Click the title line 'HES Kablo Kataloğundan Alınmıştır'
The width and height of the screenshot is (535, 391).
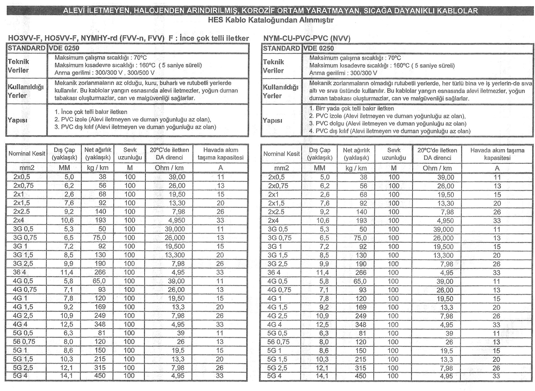tap(270, 20)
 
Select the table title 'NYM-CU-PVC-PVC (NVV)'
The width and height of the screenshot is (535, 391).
tap(307, 38)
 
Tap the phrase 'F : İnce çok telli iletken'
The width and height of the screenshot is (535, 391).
tap(209, 38)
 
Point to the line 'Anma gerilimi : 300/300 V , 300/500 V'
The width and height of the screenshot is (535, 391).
tap(104, 73)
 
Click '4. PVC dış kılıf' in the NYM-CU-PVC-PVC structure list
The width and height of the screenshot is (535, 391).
tap(389, 131)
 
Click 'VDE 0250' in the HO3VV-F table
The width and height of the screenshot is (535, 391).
tap(64, 48)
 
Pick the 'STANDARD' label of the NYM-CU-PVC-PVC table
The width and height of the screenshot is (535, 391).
tap(281, 48)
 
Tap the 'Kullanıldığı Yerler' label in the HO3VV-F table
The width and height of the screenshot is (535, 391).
tap(25, 91)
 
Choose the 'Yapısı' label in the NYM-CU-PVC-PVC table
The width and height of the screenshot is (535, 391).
tap(272, 120)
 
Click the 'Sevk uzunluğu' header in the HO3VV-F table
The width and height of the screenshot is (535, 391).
tap(130, 154)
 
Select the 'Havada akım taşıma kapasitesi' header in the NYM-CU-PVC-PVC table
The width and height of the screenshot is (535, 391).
tap(497, 154)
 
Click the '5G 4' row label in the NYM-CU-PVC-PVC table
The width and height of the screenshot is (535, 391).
tap(274, 376)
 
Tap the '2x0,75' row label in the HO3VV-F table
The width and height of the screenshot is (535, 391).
tap(23, 186)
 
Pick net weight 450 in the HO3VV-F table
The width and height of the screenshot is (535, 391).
tap(100, 375)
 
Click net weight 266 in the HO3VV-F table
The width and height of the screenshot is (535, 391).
tap(100, 272)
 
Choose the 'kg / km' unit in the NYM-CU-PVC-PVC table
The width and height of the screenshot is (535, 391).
tap(356, 168)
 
